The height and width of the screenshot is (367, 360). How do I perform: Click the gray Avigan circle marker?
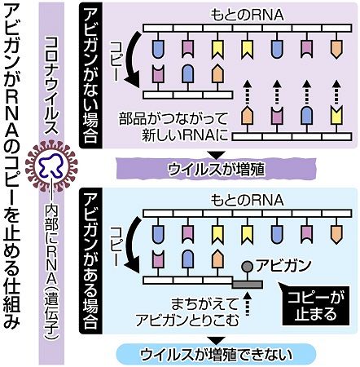coord(247,266)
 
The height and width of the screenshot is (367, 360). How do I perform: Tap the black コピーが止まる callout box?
coord(316,305)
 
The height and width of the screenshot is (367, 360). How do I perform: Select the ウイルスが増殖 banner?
coord(216,170)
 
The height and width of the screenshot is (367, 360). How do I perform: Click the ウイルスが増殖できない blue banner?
coord(217,354)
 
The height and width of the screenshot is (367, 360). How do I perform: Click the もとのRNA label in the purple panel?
coord(248,15)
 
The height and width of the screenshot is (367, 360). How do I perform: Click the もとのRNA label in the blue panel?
coord(248,201)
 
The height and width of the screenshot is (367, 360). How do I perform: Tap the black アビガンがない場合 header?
coord(90,75)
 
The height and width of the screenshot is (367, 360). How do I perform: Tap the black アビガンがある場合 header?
coord(90,261)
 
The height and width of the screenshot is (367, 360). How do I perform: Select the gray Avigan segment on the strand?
coord(247,285)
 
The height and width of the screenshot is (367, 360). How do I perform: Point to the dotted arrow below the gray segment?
coord(247,303)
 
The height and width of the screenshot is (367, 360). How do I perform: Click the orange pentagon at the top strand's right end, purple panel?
coord(336,50)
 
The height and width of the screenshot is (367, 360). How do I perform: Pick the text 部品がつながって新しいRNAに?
coord(173,127)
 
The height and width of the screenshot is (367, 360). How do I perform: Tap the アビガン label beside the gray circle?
coord(283,265)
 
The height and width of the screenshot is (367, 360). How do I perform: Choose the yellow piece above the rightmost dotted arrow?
coord(336,116)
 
